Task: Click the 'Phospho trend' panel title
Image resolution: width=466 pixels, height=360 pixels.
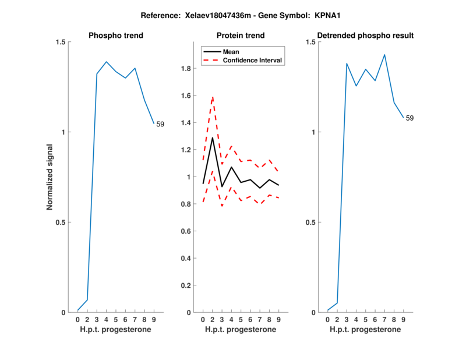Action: tap(116, 36)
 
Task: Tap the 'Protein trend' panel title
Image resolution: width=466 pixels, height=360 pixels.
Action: tap(241, 36)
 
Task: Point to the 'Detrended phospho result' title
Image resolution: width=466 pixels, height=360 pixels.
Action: tap(365, 36)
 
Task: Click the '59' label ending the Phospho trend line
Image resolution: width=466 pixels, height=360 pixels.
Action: tap(160, 124)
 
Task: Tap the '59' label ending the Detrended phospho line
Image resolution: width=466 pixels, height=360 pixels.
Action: tap(409, 118)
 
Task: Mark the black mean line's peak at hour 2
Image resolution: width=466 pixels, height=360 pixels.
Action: tap(212, 137)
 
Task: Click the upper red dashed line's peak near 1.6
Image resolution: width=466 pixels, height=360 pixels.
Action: tap(212, 97)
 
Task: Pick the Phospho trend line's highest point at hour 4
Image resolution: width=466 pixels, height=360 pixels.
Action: tap(107, 62)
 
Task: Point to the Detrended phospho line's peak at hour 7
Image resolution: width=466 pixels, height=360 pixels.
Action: tap(384, 55)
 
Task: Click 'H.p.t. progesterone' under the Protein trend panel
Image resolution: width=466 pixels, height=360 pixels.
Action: tap(241, 330)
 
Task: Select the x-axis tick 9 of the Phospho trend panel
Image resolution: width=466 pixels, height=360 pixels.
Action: tap(154, 320)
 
